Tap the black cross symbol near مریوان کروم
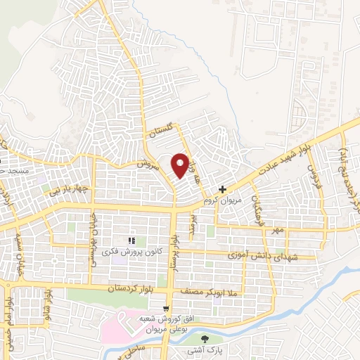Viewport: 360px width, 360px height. (x=222, y=189)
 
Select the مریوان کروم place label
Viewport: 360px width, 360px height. (x=217, y=200)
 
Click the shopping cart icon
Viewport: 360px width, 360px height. (x=166, y=308)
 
